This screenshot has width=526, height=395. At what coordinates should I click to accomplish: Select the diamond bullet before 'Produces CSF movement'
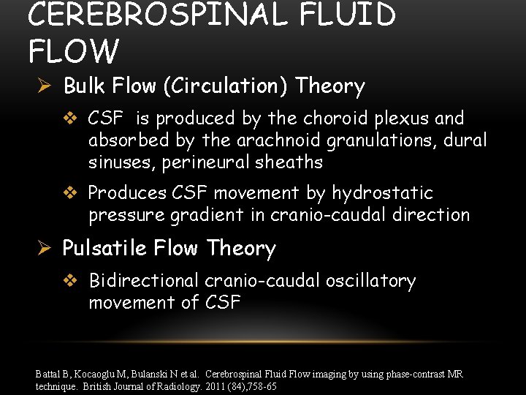pyautogui.click(x=71, y=193)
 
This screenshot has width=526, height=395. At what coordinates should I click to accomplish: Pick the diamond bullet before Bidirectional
pyautogui.click(x=71, y=281)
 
